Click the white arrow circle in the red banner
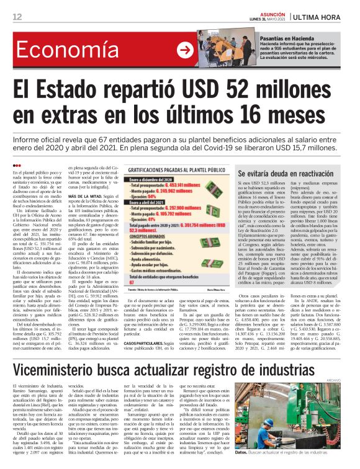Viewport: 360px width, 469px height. click(x=184, y=50)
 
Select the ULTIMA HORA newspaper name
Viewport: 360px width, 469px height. click(x=322, y=16)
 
